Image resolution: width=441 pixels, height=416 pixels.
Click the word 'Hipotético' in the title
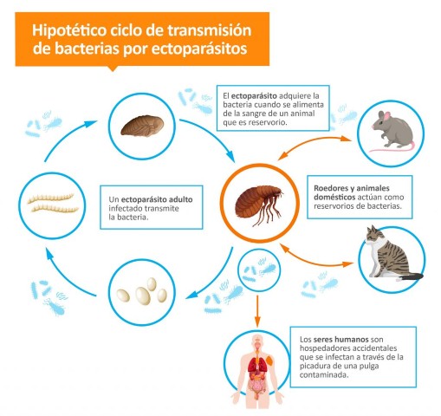pos(68,30)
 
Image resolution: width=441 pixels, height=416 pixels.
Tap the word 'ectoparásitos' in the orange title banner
pos(199,49)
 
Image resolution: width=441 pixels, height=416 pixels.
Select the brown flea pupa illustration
pos(142,126)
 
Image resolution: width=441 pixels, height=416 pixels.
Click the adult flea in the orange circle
pos(259,205)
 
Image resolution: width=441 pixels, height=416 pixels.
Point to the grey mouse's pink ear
pos(386,116)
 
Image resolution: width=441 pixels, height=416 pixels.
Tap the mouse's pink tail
pos(392,148)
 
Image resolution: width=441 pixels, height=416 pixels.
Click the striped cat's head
pos(374,235)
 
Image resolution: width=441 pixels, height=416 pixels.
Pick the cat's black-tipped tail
pos(410,277)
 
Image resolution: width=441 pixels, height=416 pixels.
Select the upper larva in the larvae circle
pos(50,198)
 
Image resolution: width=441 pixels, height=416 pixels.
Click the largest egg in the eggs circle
pos(143,296)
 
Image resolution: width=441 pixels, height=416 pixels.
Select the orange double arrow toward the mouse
pos(315,145)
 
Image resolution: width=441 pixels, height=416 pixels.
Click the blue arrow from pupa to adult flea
pos(212,133)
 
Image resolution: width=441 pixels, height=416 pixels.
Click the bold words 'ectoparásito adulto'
pos(157,199)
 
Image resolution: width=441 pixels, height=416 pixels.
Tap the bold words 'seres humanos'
pos(340,339)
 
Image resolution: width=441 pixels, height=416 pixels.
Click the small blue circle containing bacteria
pos(259,270)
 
